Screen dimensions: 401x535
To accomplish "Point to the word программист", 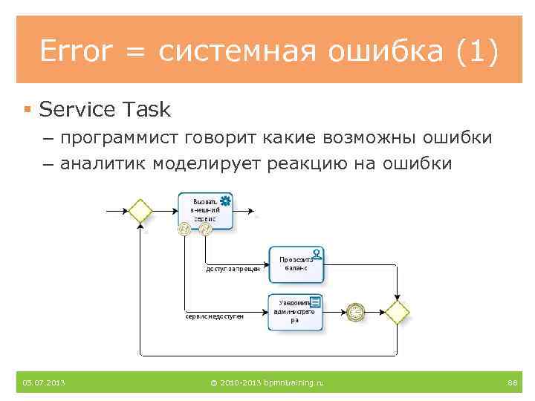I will click(x=129, y=138).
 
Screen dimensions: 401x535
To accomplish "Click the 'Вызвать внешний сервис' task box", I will click(x=205, y=210).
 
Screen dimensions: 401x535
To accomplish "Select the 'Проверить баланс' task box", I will click(x=296, y=264).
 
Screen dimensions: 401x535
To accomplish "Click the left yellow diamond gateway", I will click(x=140, y=210).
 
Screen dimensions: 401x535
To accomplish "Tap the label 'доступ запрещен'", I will click(x=233, y=269).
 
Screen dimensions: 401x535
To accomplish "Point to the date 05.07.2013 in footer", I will click(x=43, y=382).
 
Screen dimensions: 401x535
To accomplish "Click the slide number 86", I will click(x=511, y=382).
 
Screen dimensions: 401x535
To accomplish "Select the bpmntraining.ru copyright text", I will click(x=267, y=382).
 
